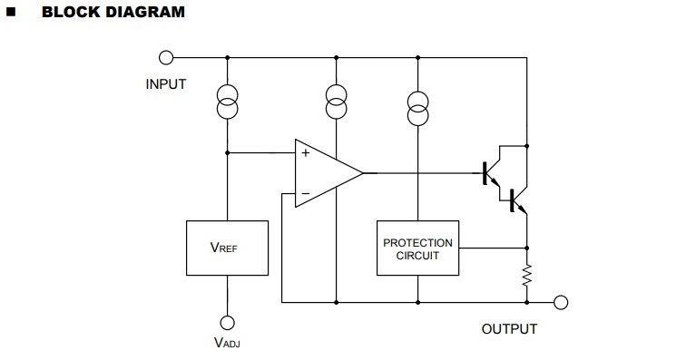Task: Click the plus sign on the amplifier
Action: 306,153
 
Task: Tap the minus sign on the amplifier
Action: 306,194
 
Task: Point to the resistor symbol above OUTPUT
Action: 527,275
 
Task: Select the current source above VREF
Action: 227,102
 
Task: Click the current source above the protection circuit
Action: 417,108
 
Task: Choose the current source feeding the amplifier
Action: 336,102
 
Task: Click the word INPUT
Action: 165,84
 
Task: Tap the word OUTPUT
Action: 509,329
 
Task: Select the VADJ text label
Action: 227,343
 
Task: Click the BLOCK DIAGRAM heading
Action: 113,12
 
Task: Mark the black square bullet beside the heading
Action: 11,12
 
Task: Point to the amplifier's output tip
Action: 363,173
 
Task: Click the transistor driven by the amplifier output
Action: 491,173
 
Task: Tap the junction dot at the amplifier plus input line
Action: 227,152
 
